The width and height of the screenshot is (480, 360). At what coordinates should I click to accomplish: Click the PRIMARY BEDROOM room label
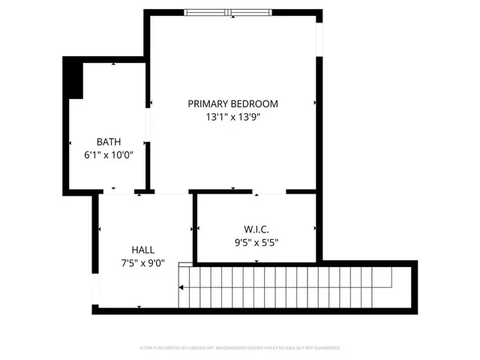tap(232, 103)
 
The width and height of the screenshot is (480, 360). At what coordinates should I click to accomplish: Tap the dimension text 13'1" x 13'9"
tap(232, 117)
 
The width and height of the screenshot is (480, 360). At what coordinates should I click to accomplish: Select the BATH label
tap(109, 141)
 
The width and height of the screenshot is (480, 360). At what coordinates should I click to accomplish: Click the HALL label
tap(143, 250)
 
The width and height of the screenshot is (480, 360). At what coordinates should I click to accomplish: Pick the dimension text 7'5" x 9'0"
tap(143, 263)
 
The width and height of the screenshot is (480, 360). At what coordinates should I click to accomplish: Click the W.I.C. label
tap(256, 229)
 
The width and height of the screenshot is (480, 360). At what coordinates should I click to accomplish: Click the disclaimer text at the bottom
tap(240, 348)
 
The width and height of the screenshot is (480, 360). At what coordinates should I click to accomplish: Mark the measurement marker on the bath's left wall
tap(70, 142)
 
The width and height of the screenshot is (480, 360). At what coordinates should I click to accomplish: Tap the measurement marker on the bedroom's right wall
tap(315, 103)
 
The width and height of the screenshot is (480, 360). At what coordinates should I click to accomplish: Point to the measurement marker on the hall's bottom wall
tap(139, 306)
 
